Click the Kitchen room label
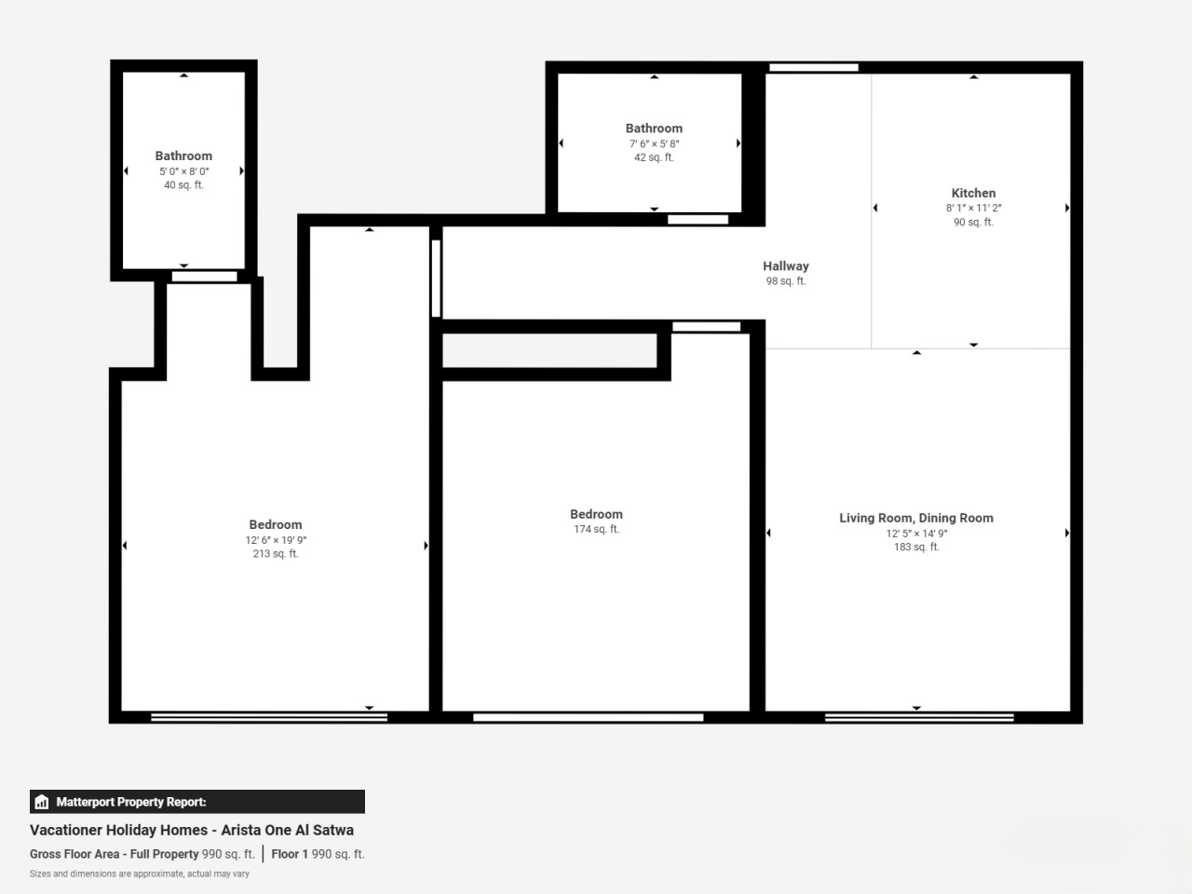tap(973, 194)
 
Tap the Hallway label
tap(786, 266)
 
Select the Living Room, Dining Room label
tap(916, 518)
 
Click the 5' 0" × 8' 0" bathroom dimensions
tap(184, 171)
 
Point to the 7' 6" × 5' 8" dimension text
tap(654, 143)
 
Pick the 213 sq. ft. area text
tap(276, 554)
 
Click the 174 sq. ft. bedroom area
tap(596, 529)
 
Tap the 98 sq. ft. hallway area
tap(786, 281)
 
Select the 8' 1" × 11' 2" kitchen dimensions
tap(973, 208)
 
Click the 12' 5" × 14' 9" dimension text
tap(916, 534)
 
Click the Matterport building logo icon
tap(42, 802)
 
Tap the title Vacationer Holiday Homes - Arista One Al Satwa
tap(192, 830)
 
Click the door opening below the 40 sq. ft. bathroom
tap(204, 277)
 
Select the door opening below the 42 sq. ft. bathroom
tap(698, 219)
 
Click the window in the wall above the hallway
tap(814, 67)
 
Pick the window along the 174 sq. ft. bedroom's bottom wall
tap(589, 718)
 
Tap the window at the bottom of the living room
tap(919, 718)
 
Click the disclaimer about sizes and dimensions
tap(140, 874)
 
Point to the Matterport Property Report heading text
tap(131, 802)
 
